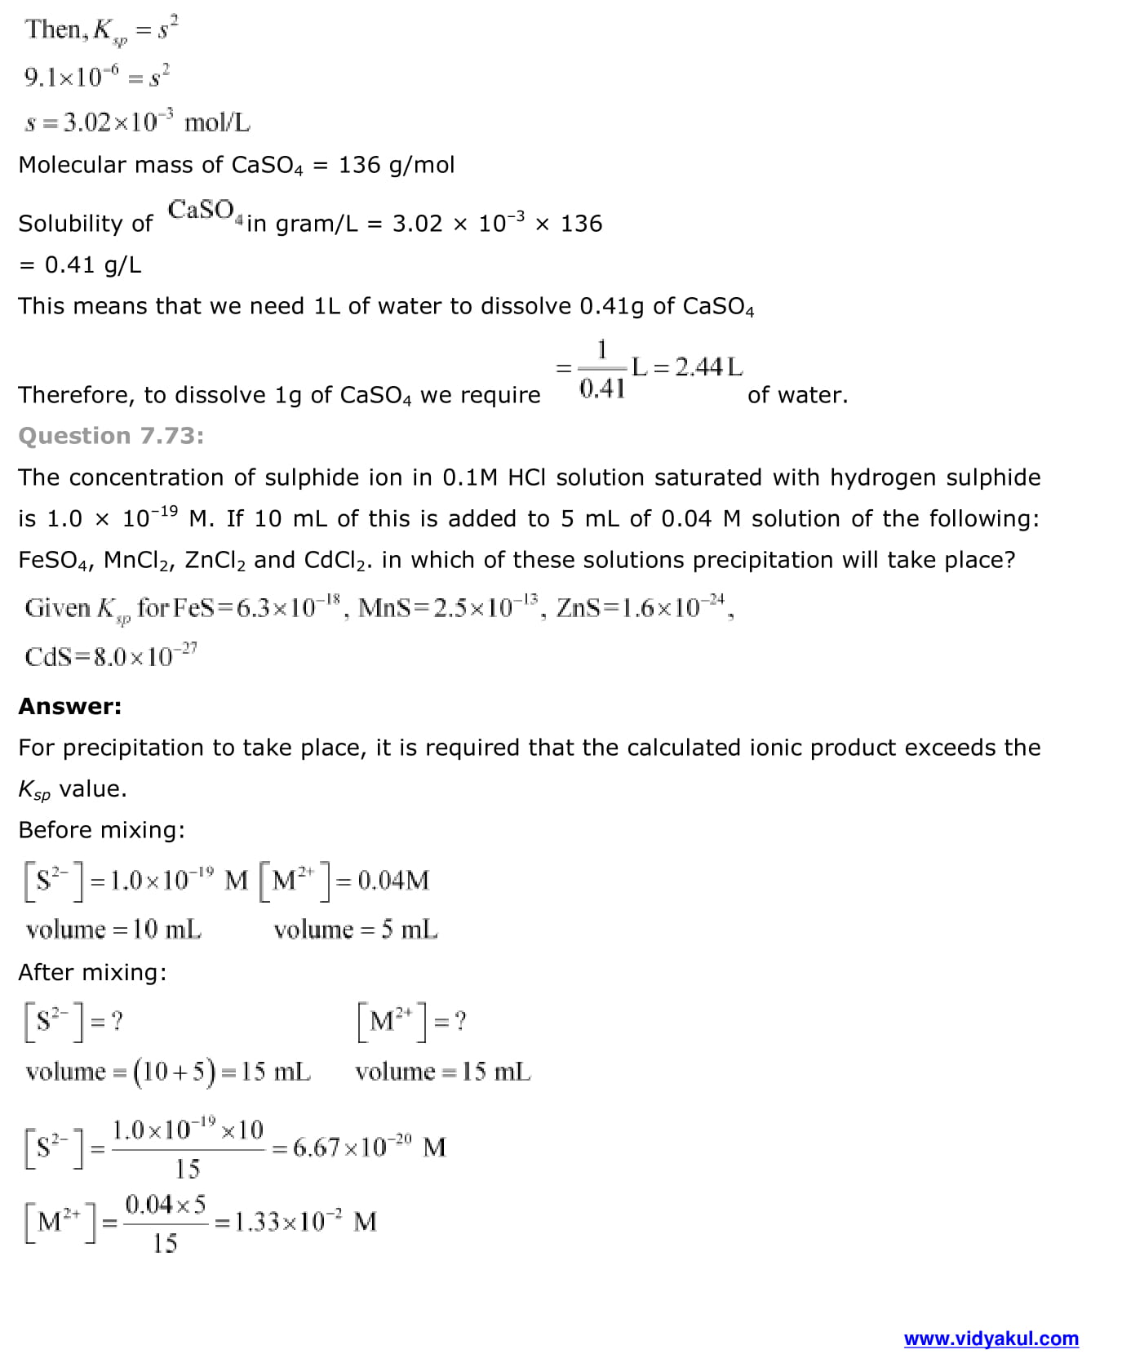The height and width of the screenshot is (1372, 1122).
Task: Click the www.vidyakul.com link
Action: click(x=991, y=1338)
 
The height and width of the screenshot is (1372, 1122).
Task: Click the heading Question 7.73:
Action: click(x=111, y=436)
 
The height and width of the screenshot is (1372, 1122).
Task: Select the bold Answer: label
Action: click(x=70, y=706)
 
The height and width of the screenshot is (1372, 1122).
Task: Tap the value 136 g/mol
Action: click(x=397, y=165)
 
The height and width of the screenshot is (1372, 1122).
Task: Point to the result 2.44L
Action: click(x=708, y=367)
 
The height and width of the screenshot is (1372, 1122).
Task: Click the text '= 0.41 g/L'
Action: click(x=80, y=264)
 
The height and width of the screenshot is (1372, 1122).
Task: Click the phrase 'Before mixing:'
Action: click(x=101, y=830)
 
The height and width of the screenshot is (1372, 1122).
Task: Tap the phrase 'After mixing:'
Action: click(x=92, y=972)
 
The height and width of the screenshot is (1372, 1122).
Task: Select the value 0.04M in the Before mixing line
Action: click(x=393, y=880)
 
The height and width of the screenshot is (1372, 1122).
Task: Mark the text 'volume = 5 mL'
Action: click(x=355, y=930)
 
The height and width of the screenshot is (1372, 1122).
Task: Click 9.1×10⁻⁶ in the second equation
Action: click(x=72, y=78)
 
